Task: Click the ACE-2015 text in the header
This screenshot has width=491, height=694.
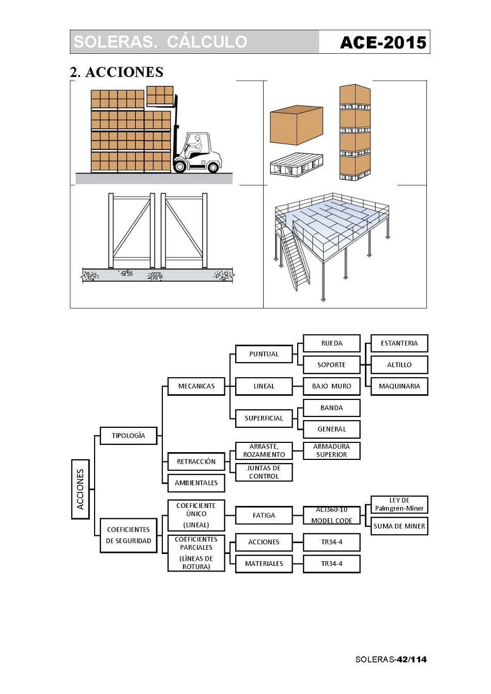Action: click(383, 42)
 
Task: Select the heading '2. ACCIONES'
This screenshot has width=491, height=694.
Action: click(117, 72)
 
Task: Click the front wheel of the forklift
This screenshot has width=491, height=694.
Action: click(180, 166)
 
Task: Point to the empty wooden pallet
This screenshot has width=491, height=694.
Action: click(296, 165)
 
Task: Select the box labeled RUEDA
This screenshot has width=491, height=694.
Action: click(331, 343)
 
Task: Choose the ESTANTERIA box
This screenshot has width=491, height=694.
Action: click(399, 343)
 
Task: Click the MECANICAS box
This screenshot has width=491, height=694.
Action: click(196, 386)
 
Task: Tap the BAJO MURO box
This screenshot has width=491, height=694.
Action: click(331, 386)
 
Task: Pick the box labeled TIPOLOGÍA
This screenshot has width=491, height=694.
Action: click(128, 436)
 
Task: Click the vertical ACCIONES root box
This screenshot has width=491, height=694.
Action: click(80, 489)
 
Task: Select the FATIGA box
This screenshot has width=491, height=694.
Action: click(264, 515)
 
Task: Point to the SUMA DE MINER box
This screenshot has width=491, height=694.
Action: click(399, 526)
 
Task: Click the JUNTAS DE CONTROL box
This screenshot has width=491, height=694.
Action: click(264, 472)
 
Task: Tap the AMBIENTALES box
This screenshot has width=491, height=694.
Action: click(196, 483)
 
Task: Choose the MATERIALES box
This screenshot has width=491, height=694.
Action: click(264, 564)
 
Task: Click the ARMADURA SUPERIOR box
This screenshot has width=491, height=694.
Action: click(331, 451)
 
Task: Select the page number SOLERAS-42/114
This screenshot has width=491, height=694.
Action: click(391, 659)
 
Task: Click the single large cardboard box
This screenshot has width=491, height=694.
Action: click(296, 126)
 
